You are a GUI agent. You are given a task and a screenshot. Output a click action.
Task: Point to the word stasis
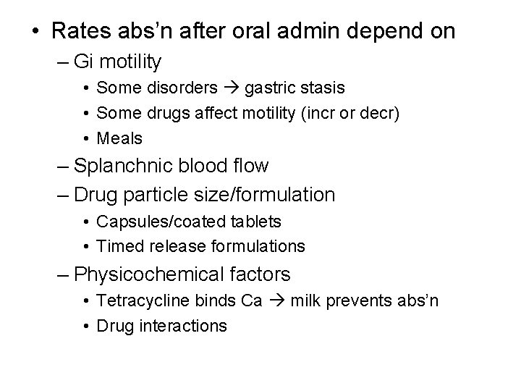point(322,88)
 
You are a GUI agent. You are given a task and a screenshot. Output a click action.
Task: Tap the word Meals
point(119,138)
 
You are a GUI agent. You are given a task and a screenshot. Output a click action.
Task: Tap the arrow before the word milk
point(279,301)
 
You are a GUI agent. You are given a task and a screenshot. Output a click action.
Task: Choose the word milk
point(305,301)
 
